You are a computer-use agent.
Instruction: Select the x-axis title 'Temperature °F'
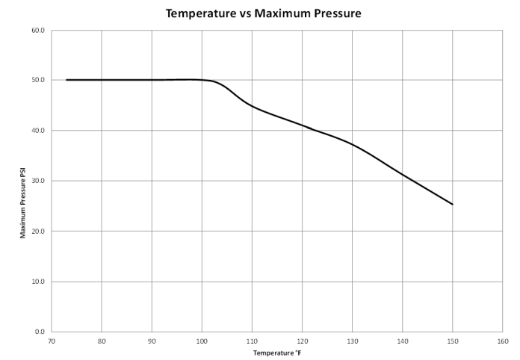(x=276, y=353)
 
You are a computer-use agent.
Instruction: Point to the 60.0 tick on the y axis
(x=37, y=31)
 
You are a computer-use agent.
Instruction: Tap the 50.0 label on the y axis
(x=37, y=80)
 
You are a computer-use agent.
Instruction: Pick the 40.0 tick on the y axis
(x=37, y=131)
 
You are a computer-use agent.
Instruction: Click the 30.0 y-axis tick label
(x=37, y=181)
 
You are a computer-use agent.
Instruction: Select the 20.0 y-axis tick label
(x=37, y=231)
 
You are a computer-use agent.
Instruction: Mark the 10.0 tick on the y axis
(x=37, y=282)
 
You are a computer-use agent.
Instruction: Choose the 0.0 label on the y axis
(x=39, y=332)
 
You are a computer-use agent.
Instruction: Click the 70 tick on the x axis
(x=52, y=341)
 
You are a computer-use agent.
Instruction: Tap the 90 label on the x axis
(x=152, y=341)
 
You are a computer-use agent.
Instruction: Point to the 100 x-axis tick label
(x=202, y=341)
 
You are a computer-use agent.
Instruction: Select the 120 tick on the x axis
(x=302, y=341)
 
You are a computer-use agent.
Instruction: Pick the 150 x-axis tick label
(x=452, y=341)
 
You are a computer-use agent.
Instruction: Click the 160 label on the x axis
(x=502, y=341)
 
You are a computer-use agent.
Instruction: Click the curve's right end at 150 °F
(x=452, y=204)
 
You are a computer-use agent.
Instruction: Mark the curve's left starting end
(x=66, y=80)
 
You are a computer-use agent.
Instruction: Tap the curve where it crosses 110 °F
(x=252, y=106)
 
